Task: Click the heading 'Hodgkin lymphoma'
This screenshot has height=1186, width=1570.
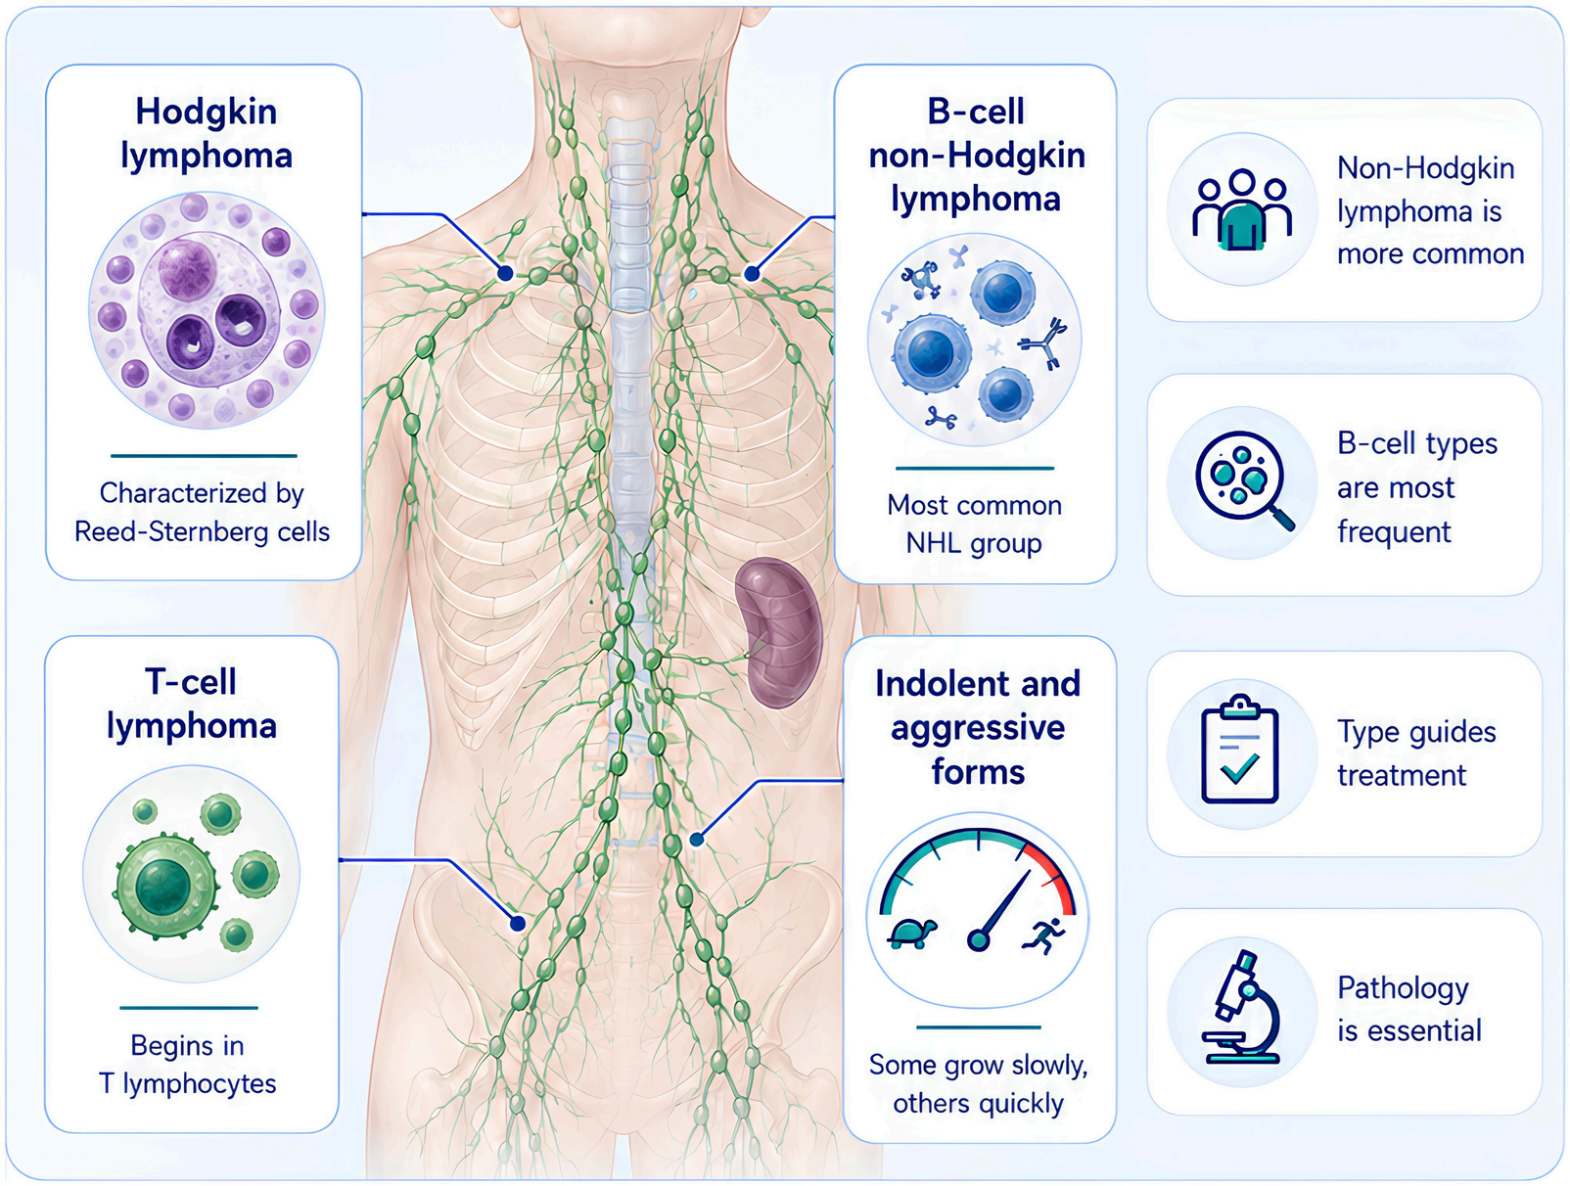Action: coord(206,134)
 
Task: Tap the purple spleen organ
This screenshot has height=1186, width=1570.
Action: coord(779,632)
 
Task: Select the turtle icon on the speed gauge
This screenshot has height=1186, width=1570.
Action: coord(912,933)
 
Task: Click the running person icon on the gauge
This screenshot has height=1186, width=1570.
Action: coord(1045,935)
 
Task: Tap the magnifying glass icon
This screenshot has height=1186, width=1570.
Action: coord(1245,480)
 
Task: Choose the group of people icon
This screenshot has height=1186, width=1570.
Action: coord(1242,208)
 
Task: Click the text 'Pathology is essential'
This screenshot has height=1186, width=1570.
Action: coord(1409,1010)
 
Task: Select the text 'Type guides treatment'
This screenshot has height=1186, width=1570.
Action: coord(1416,753)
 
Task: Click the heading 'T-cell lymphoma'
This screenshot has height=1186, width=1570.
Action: coord(191,705)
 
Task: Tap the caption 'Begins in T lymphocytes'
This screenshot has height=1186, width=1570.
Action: coord(187,1065)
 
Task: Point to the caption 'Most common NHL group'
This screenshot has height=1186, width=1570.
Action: coord(974,525)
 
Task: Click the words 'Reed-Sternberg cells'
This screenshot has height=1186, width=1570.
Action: coord(203,532)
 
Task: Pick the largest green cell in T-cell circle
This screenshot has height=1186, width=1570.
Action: coord(165,886)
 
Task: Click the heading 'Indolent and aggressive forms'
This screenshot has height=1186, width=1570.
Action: coord(978,728)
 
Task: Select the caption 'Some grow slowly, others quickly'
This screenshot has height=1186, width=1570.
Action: coord(978,1084)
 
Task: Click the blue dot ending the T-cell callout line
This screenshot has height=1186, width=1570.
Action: coord(518,924)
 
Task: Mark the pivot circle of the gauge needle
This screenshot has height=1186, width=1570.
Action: coord(978,939)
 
